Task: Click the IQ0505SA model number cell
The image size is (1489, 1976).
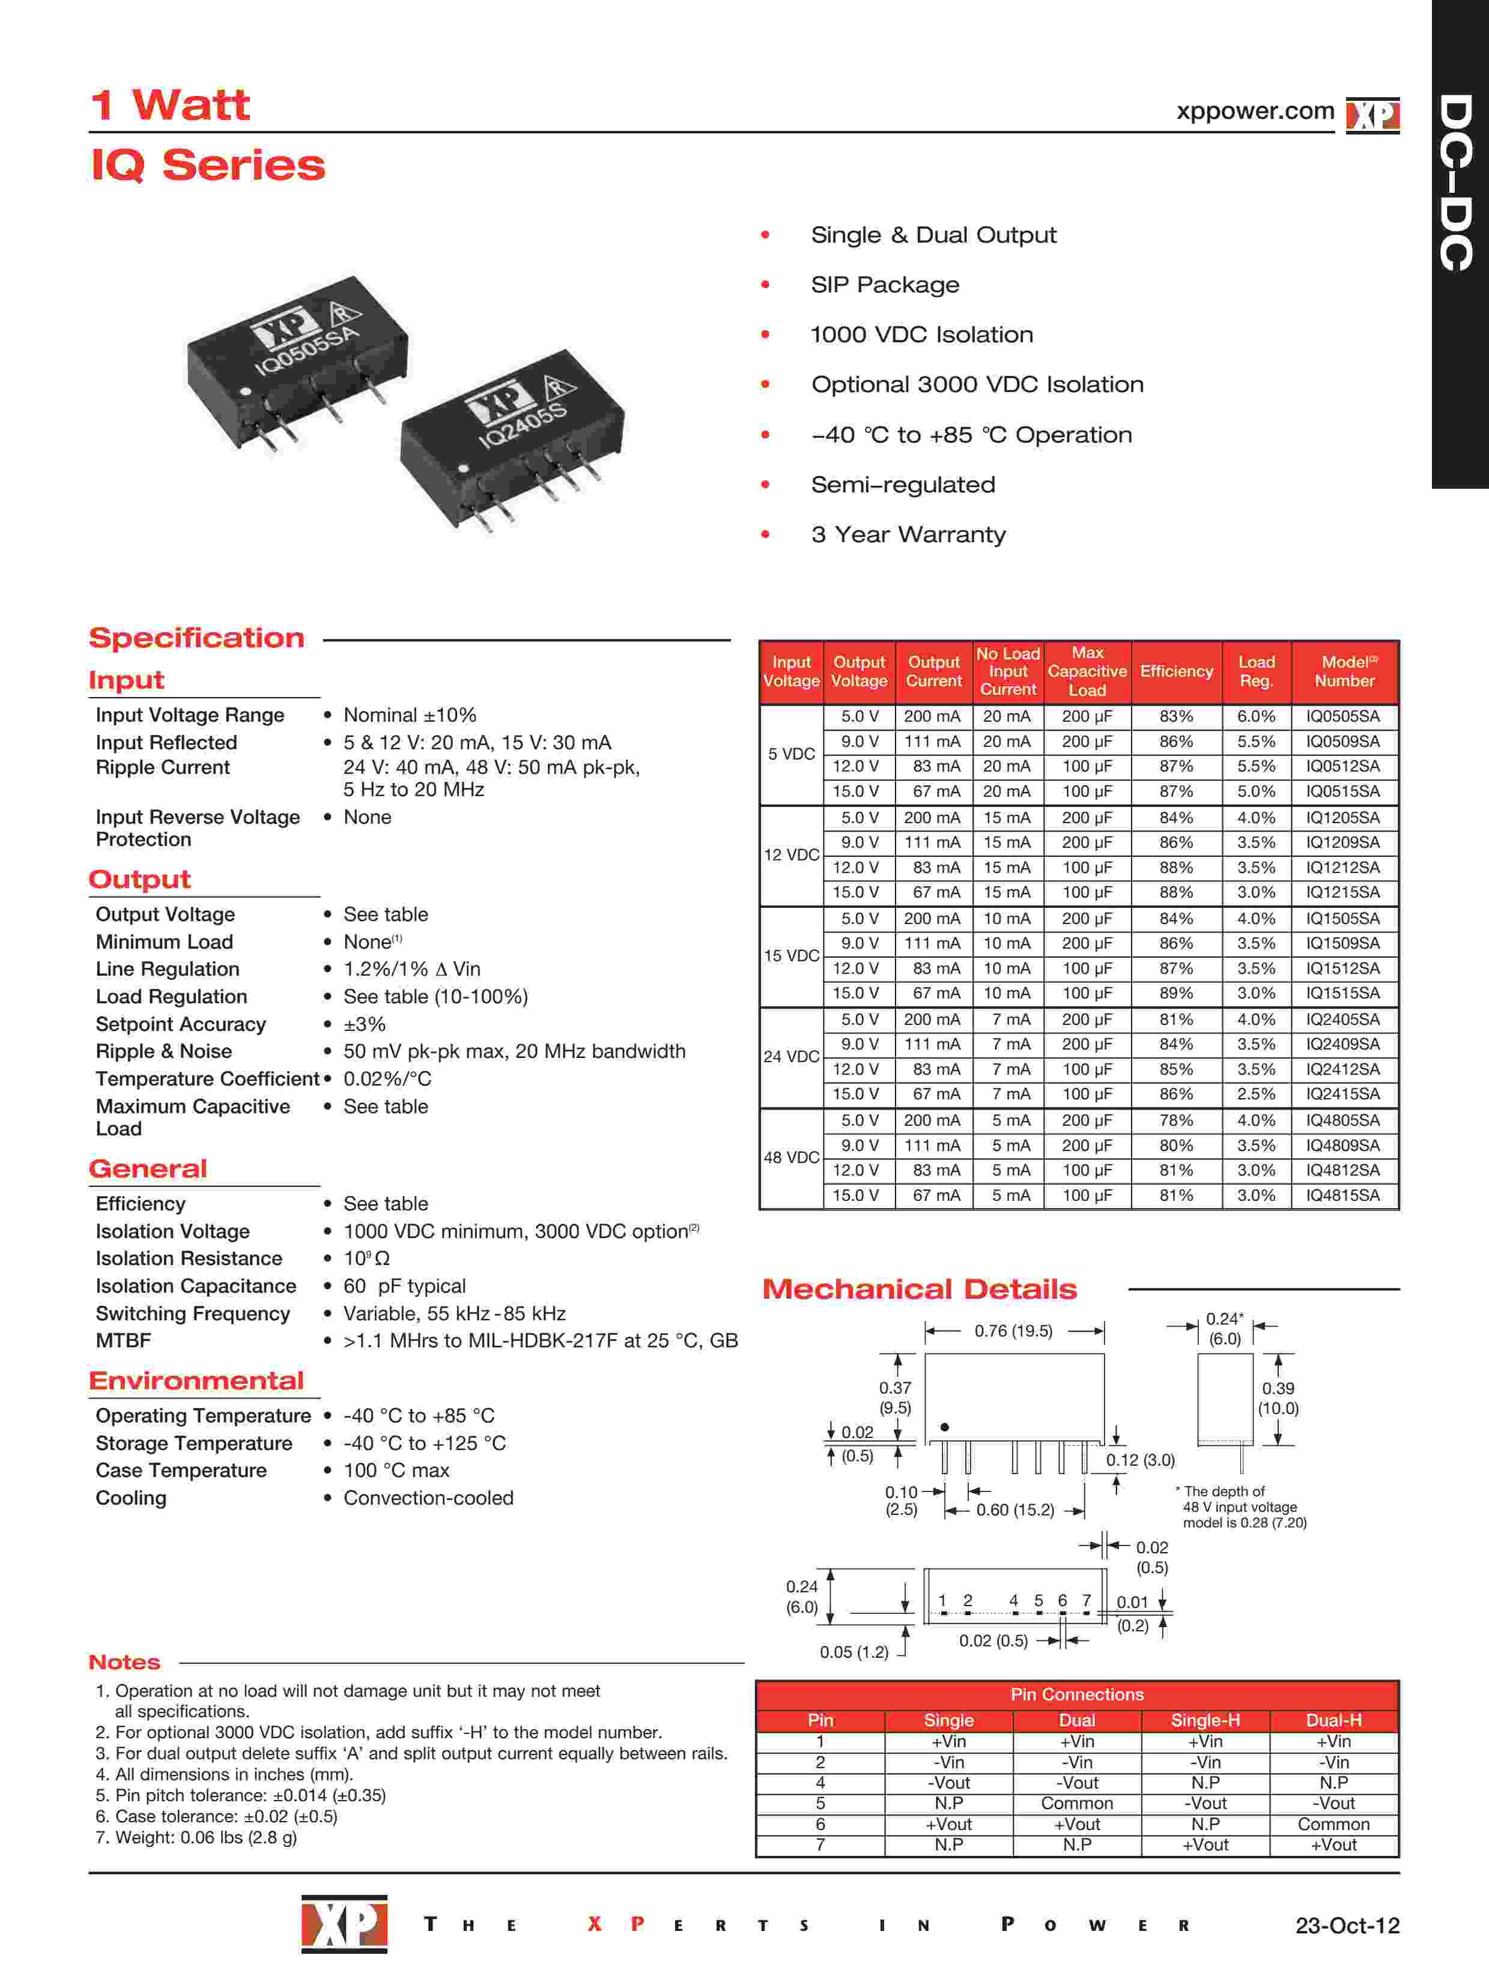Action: (1342, 716)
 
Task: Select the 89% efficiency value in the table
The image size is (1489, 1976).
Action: (1175, 993)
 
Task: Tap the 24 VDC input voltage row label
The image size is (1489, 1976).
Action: (791, 1056)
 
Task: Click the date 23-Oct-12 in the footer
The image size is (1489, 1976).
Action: (1347, 1925)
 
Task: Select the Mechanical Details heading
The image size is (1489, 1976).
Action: (919, 1289)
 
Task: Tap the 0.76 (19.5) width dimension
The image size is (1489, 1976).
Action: (1013, 1331)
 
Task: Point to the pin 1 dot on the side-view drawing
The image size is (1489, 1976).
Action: (945, 1427)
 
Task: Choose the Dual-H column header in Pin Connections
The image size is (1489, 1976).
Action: (1333, 1720)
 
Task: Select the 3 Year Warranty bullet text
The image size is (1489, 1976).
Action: (908, 534)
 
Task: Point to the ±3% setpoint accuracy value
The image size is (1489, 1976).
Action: (365, 1024)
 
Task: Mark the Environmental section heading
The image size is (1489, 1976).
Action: (196, 1380)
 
